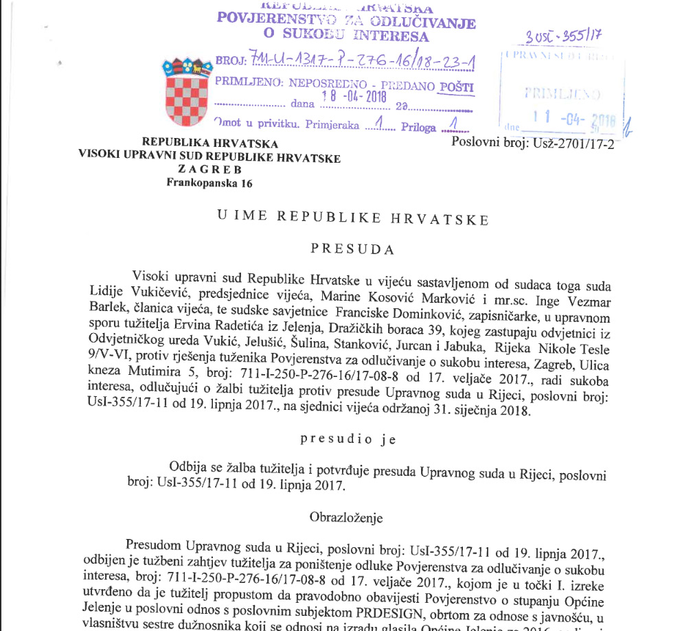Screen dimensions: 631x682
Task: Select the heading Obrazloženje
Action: click(x=346, y=517)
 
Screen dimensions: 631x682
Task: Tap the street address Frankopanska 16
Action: click(x=209, y=183)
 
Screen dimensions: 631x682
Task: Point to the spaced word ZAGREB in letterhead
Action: click(x=209, y=170)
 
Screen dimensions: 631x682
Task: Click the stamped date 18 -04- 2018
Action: click(x=354, y=96)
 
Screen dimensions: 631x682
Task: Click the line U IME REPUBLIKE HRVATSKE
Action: click(x=353, y=218)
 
